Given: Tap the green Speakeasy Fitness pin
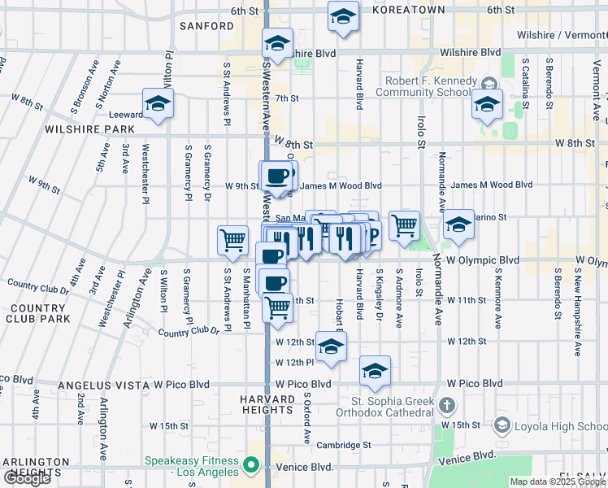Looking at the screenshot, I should click(x=251, y=466).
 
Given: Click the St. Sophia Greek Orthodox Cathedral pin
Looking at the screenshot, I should click(x=446, y=405).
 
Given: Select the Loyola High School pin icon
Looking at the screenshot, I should click(x=502, y=425).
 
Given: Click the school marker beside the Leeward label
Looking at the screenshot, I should click(x=157, y=102).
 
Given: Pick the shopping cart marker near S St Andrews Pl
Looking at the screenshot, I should click(x=232, y=240).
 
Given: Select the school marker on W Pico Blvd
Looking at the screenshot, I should click(x=375, y=370).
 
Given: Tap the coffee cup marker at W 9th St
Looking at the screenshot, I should click(x=276, y=176).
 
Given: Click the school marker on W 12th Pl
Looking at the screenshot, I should click(x=330, y=346).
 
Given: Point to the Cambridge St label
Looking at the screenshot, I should click(x=343, y=445).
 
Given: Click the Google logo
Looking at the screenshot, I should click(x=27, y=478).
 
